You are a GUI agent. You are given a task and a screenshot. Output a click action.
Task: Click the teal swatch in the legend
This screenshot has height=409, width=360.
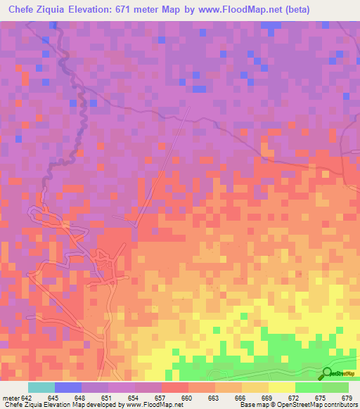click(41, 388)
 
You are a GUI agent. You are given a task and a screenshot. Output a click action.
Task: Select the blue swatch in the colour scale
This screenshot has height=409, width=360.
click(68, 388)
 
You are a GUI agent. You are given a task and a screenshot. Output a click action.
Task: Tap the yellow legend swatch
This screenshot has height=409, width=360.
click(282, 388)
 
